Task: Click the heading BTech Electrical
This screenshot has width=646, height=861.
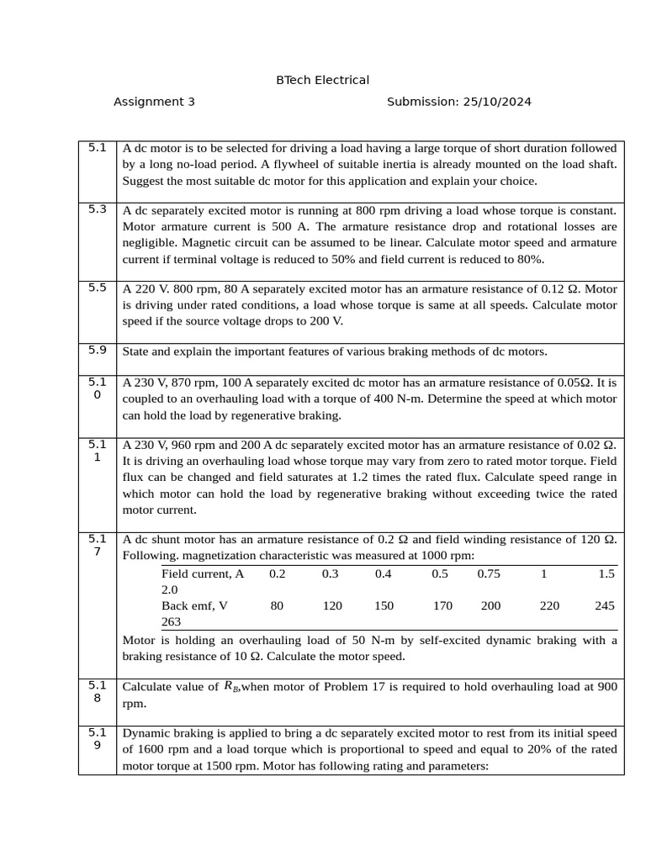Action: [322, 80]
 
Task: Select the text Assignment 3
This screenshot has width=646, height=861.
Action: [154, 102]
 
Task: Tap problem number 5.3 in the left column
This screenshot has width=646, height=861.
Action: [98, 209]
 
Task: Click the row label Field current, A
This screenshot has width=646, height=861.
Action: [203, 573]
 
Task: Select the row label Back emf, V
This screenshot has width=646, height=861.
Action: [195, 605]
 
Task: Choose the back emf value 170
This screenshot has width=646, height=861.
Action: [442, 605]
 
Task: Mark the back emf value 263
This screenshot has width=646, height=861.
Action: [172, 621]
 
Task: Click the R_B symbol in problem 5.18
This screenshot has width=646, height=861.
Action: [231, 687]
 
